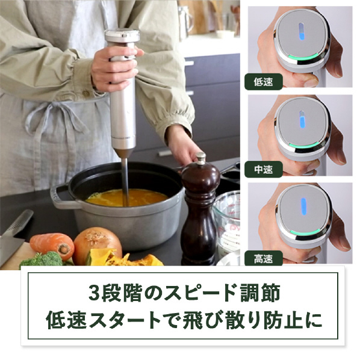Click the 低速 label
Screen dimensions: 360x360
pos(263,82)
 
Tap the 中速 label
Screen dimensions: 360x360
pos(263,169)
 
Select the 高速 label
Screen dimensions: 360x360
pos(263,259)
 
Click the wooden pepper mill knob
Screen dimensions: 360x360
pos(200,158)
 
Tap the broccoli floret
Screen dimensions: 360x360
pos(43,259)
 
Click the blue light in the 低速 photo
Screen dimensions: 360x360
pos(301,31)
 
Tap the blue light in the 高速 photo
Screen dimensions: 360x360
pos(304,206)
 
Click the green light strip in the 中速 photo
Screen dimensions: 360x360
pos(304,145)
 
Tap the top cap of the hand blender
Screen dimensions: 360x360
pos(122,35)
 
